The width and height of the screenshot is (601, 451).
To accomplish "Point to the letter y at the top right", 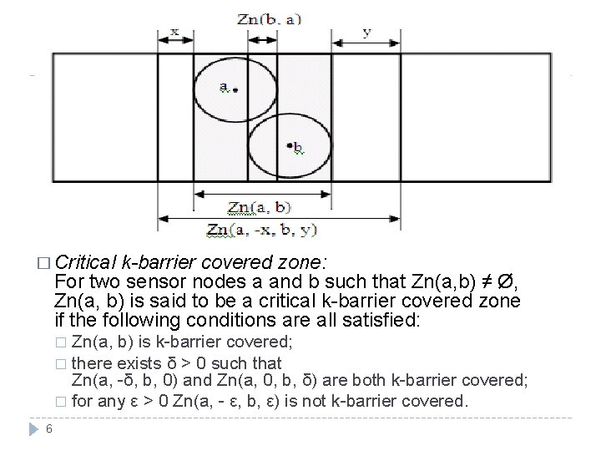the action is (366, 32).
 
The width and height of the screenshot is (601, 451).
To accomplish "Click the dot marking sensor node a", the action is (236, 89).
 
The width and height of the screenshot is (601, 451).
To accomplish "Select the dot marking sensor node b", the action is (289, 146).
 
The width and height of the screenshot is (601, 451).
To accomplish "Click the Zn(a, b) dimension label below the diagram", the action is (260, 206).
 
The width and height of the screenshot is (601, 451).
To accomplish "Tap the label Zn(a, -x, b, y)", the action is (261, 229).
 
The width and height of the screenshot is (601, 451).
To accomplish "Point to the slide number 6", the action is (50, 429).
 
